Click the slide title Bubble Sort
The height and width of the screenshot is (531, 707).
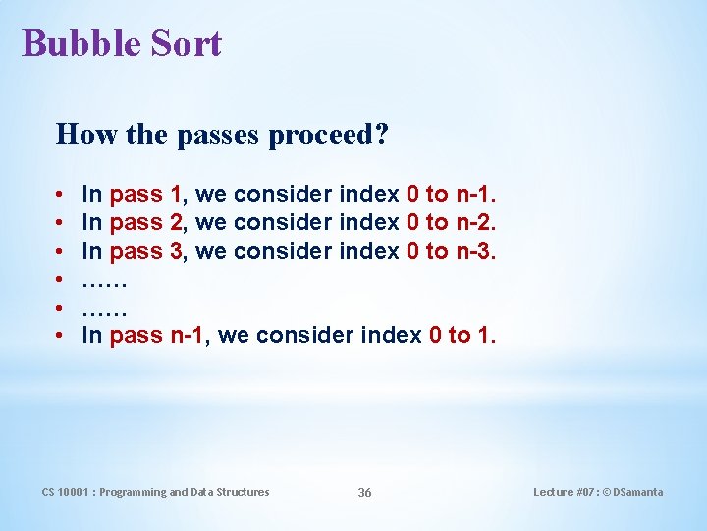(x=122, y=43)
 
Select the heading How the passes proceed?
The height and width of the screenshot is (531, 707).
(x=222, y=134)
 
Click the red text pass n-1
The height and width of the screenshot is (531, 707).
(x=158, y=336)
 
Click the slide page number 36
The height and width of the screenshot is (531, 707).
(x=364, y=492)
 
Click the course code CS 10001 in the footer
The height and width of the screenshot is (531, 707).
(x=66, y=492)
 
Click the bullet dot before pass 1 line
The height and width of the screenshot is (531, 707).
(x=60, y=196)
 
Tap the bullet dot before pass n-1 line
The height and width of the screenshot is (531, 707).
(x=60, y=337)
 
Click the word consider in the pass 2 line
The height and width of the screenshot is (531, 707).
(x=284, y=223)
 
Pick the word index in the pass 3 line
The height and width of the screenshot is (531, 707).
(x=368, y=252)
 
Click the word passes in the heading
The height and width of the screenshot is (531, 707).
(x=212, y=134)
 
